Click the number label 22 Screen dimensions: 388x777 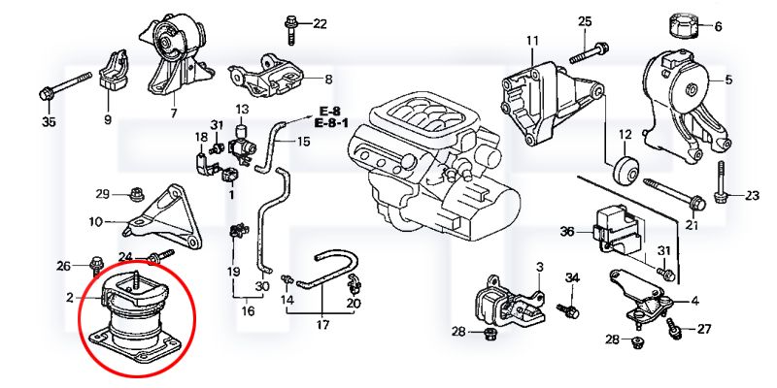click(320, 23)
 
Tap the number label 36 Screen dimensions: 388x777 click(567, 232)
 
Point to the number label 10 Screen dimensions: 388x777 click(95, 222)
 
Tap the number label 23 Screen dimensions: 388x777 click(752, 196)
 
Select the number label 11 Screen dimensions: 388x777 click(532, 41)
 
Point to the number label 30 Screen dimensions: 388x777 click(261, 286)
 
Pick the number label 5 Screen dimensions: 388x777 click(728, 79)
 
